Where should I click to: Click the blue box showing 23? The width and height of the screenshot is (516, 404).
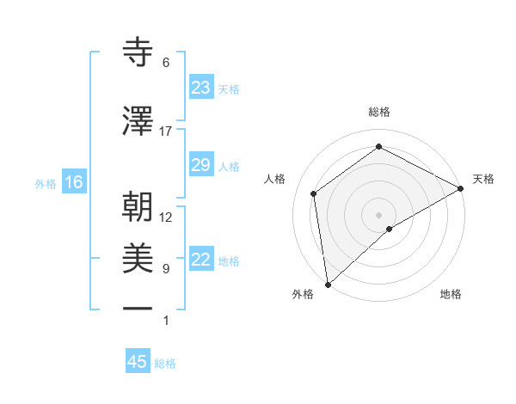coord(201,88)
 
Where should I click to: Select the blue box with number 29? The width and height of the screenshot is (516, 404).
coord(201,165)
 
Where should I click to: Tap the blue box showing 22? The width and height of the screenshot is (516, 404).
coord(201,260)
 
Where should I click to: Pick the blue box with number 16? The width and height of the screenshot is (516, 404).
coord(74,182)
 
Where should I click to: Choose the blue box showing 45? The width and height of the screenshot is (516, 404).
coord(138,362)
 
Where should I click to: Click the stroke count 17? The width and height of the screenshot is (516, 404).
coord(166,132)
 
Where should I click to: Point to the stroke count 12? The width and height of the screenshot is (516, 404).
coord(166,217)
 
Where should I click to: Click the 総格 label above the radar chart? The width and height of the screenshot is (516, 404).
coord(379,113)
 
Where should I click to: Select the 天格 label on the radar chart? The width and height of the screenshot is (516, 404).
coord(483,179)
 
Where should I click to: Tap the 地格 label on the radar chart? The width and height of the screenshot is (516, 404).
coord(451,294)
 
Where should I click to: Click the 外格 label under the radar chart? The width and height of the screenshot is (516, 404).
coord(303,294)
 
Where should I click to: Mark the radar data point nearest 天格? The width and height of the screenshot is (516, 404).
coord(462,188)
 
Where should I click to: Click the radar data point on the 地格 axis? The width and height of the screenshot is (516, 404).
coord(390,229)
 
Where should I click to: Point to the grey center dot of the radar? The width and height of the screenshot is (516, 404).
coord(378,213)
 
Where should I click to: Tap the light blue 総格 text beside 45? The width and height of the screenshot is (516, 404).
coord(165,364)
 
